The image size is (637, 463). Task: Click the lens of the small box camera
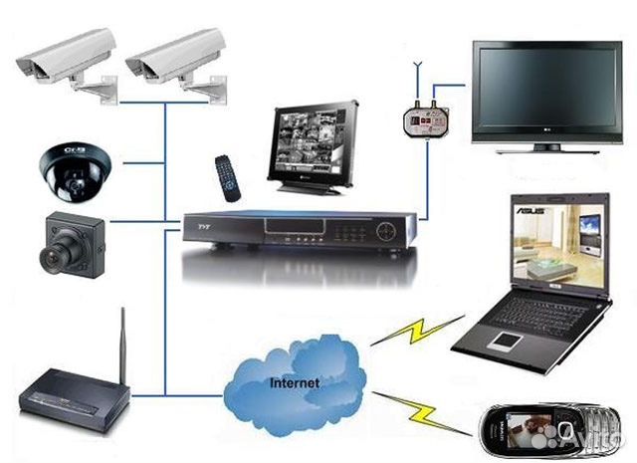point(51,256)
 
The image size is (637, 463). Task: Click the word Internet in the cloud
point(295,381)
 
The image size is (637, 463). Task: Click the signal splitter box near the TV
point(424,120)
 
